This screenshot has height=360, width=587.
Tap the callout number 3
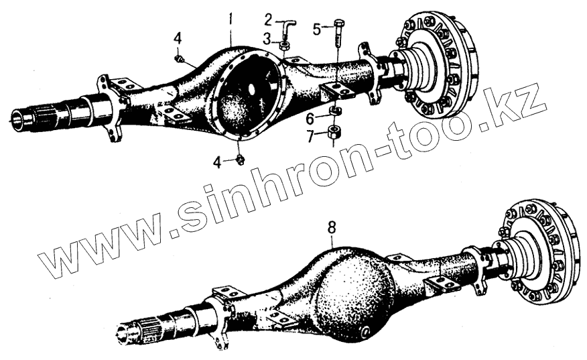coord(267,39)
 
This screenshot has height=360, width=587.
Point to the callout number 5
coord(318,29)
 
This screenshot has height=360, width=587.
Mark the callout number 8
coord(330,229)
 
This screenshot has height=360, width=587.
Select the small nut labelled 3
coord(285,46)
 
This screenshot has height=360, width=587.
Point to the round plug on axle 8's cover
coord(366,333)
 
